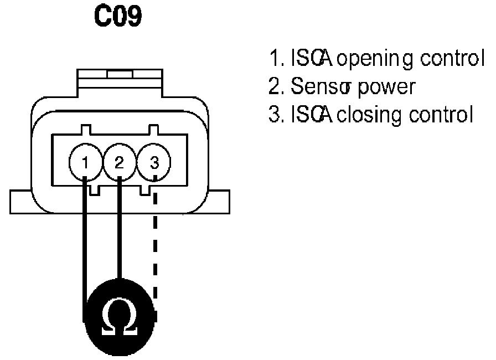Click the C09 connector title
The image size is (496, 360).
(x=117, y=18)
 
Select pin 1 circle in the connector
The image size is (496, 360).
(x=85, y=162)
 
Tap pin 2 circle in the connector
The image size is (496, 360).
(x=119, y=162)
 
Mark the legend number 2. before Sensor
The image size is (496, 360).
(x=273, y=86)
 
